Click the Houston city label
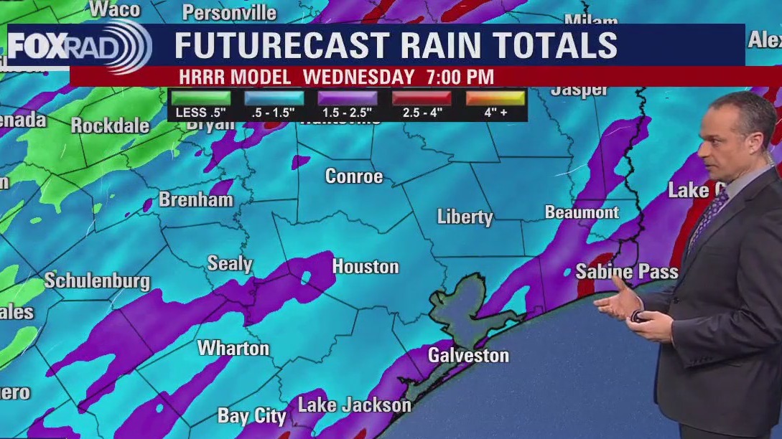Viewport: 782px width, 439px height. click(365, 267)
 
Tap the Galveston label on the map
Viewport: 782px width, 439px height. click(468, 355)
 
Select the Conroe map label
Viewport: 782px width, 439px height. click(354, 176)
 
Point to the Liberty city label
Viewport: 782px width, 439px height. click(465, 217)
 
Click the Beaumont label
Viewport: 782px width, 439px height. click(582, 212)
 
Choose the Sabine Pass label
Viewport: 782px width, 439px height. click(626, 272)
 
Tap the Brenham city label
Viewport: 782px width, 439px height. click(195, 199)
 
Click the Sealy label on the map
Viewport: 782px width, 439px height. click(230, 263)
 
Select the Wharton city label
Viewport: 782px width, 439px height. click(233, 349)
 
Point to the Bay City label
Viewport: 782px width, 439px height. click(251, 416)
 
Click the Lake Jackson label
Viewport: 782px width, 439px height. click(354, 405)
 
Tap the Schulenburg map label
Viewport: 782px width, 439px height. click(97, 280)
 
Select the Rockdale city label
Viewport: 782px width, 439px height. click(110, 126)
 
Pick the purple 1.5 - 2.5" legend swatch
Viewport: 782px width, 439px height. click(347, 98)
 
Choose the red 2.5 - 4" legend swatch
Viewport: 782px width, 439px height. click(421, 98)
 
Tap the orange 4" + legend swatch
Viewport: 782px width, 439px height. click(495, 98)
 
